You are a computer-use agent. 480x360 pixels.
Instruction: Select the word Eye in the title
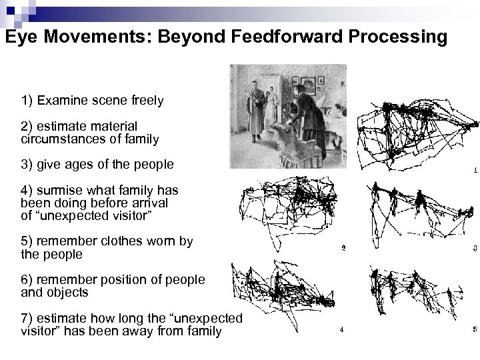click(21, 37)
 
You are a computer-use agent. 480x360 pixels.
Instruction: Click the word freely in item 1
click(145, 101)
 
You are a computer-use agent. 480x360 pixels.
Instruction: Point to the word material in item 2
click(113, 126)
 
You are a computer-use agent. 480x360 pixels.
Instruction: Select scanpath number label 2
click(343, 249)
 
